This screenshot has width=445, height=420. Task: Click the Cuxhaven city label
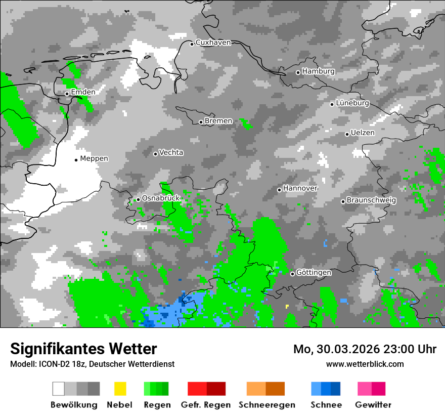213,43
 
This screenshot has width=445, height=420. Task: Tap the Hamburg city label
318,71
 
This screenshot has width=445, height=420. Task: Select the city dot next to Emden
67,94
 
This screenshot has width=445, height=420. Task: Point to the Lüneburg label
352,103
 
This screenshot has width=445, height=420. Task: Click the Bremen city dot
201,122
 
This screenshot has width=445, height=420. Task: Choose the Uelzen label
363,133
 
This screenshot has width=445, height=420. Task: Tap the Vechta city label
171,152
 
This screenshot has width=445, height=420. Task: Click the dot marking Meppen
76,160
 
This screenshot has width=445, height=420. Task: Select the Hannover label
300,188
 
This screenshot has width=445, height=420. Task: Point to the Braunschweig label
371,200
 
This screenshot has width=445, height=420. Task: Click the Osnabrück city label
161,198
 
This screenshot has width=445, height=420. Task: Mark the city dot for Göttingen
292,274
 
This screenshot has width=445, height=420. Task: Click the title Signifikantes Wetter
83,349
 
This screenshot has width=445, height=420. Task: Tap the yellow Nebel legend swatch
120,389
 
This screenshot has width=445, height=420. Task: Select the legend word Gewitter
373,405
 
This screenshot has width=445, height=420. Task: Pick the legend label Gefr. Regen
206,405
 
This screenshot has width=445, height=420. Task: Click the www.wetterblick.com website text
365,364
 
